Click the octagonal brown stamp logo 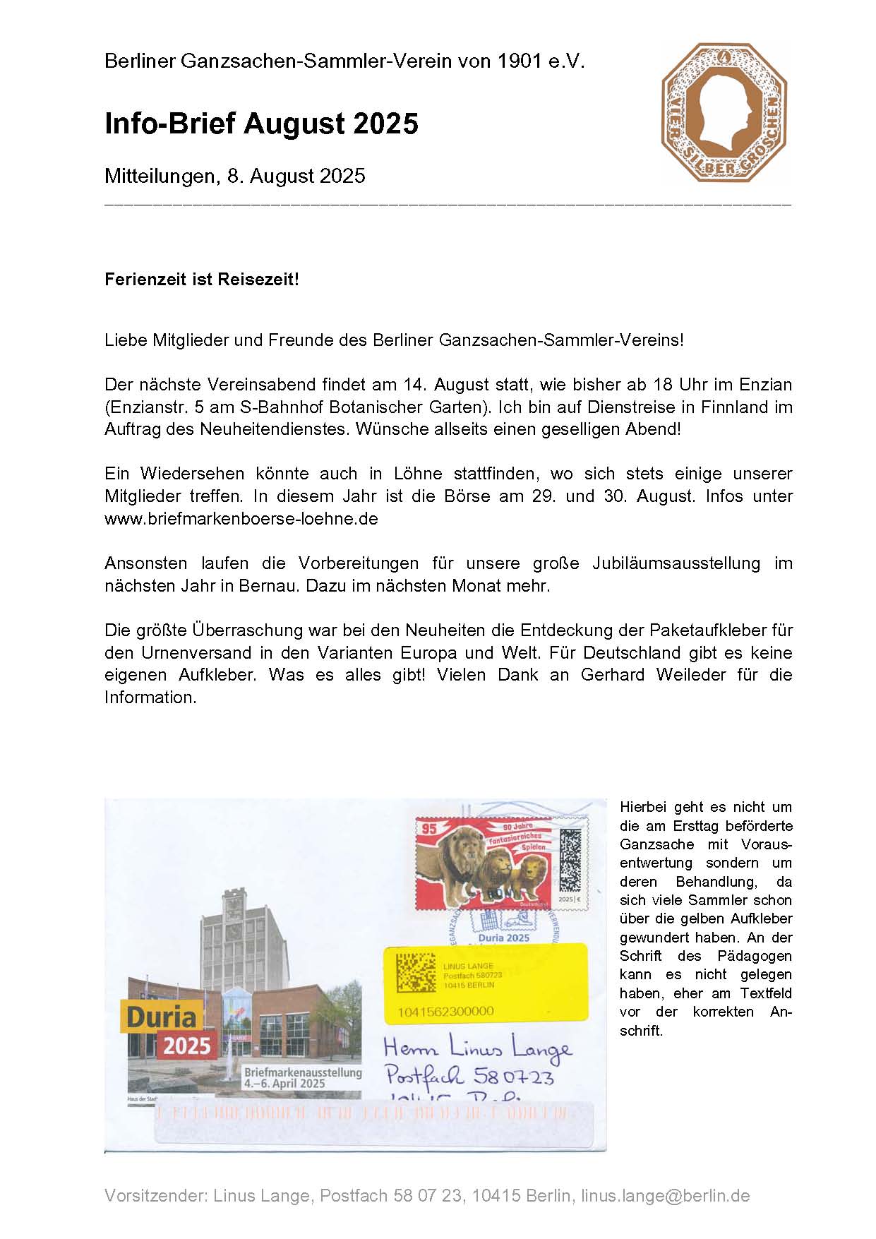[724, 113]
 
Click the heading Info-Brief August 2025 [261, 124]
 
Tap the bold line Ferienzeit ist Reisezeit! [202, 279]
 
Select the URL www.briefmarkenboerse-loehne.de [241, 518]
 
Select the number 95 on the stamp [428, 829]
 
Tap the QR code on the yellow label [416, 973]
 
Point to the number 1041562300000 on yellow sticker [445, 1011]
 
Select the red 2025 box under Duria [187, 1045]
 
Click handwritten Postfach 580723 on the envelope [469, 1076]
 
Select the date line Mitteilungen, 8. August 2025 [234, 175]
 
